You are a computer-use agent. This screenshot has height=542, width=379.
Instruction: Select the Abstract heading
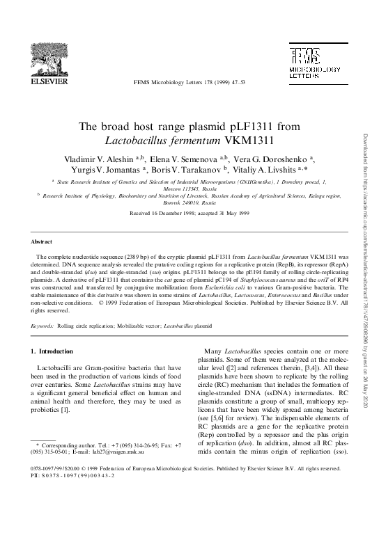42,241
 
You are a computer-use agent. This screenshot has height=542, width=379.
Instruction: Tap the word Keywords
45,325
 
